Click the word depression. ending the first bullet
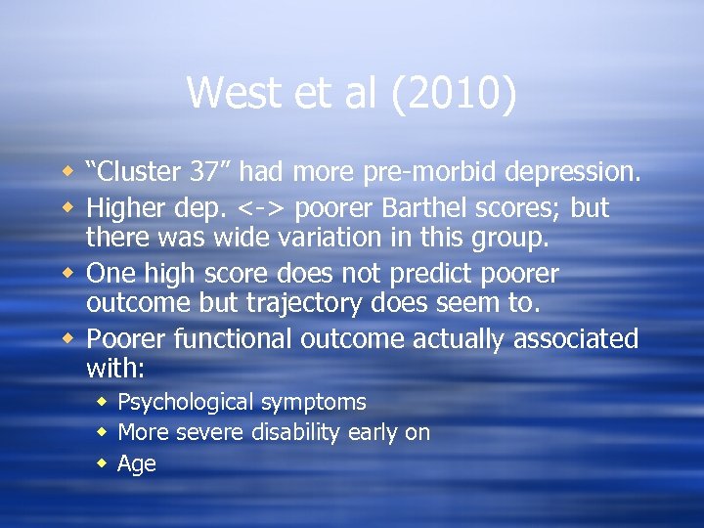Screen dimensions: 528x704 tap(573, 173)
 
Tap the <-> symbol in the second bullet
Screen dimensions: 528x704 tap(262, 208)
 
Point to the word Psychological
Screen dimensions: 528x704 tap(183, 402)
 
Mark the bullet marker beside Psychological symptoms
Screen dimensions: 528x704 tap(103, 402)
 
